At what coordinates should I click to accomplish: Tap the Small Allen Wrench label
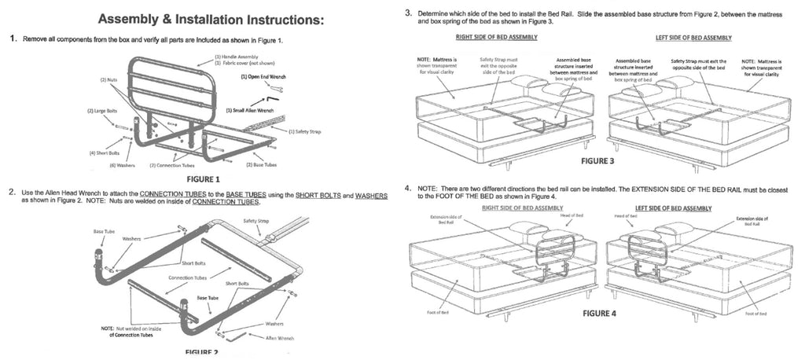point(249,110)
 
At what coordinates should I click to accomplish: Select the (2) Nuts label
point(108,80)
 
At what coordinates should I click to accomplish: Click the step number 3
point(407,13)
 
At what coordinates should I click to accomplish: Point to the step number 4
point(407,189)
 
